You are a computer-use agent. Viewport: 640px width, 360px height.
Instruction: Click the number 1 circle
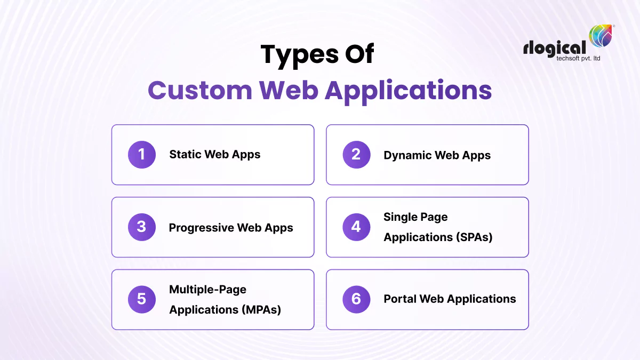click(x=141, y=155)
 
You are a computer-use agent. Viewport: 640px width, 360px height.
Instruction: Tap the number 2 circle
click(x=356, y=155)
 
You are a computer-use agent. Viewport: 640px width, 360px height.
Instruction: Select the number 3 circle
click(x=141, y=227)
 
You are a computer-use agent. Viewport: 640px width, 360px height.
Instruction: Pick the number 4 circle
click(x=356, y=227)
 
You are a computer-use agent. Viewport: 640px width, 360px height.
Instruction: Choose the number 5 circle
click(x=141, y=299)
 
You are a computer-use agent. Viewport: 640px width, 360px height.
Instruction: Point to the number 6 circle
click(x=356, y=299)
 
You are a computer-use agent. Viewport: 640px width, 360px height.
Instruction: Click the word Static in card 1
click(x=185, y=155)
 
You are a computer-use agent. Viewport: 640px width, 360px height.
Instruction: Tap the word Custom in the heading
click(x=200, y=90)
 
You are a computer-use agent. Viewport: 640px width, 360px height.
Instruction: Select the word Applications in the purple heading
click(x=408, y=90)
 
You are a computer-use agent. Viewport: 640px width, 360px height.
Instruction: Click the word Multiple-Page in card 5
click(x=207, y=290)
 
